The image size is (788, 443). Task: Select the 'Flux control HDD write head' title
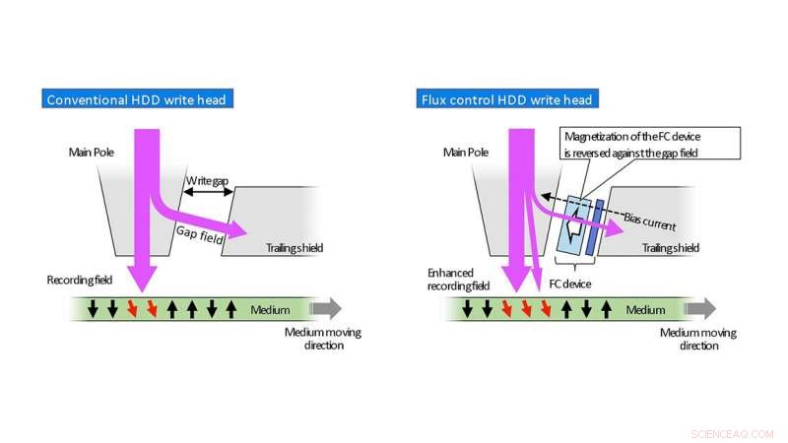tap(506, 98)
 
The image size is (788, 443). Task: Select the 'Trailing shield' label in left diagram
tap(295, 248)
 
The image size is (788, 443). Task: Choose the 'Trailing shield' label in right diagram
tap(671, 248)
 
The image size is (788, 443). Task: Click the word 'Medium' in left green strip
tap(270, 310)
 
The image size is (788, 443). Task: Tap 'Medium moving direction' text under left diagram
tap(323, 339)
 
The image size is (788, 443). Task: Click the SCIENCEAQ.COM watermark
tap(734, 432)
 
